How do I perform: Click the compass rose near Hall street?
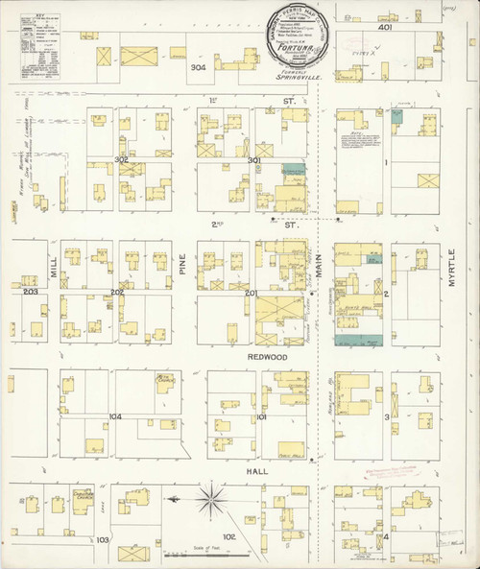tap(210, 499)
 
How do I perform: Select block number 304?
tap(198, 68)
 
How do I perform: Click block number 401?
tap(386, 29)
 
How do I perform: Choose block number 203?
tap(31, 292)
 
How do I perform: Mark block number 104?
tap(115, 416)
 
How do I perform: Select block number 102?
tap(229, 536)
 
